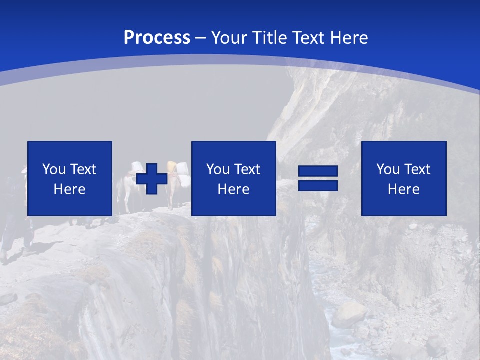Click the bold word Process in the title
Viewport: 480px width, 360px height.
(x=157, y=38)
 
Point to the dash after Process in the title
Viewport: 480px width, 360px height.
(x=201, y=38)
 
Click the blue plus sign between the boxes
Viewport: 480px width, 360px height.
(x=152, y=178)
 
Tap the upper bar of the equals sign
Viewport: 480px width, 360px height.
(x=318, y=172)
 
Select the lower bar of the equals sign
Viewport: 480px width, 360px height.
(x=318, y=186)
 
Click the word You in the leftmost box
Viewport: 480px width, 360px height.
(x=53, y=169)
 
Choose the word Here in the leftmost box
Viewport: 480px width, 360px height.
(x=69, y=189)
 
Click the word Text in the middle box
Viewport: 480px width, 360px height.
(x=247, y=169)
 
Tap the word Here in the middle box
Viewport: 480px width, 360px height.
(x=233, y=189)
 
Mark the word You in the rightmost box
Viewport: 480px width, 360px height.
(x=388, y=169)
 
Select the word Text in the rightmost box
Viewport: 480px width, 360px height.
(x=417, y=169)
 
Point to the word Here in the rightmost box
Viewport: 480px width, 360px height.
(x=403, y=189)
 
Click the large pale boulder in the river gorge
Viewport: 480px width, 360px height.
(x=349, y=315)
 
